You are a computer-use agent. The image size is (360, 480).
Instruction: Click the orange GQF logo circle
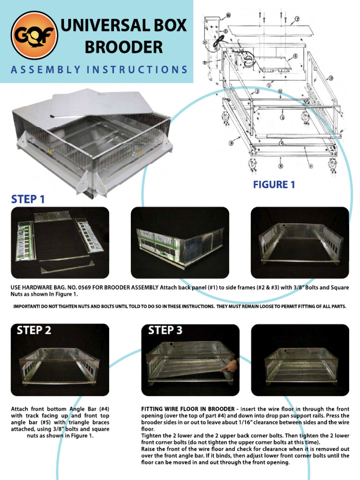tap(34, 35)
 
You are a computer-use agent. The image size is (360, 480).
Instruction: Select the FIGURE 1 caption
tap(274, 185)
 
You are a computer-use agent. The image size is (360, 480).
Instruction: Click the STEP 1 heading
tap(28, 199)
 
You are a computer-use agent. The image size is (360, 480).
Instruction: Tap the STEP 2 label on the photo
tap(34, 330)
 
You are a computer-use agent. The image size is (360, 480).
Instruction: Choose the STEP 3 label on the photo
tap(165, 330)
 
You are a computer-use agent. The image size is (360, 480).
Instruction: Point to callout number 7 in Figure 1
tap(297, 19)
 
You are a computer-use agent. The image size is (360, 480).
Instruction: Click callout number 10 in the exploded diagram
tap(228, 15)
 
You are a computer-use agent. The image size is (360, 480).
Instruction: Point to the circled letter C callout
tap(225, 31)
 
